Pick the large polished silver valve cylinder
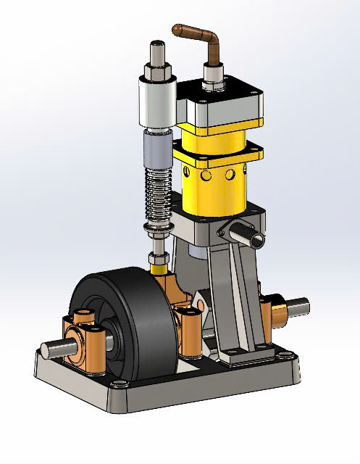[x=155, y=105]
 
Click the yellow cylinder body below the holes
[x=217, y=196]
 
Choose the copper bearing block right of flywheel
[x=190, y=330]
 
